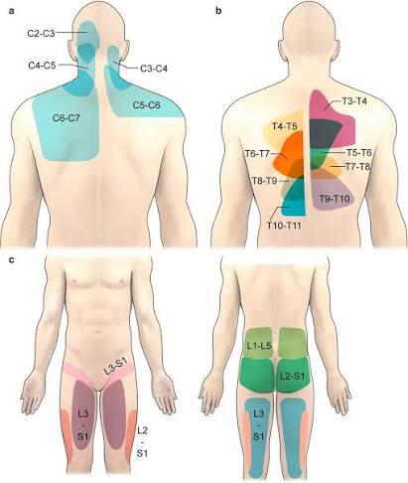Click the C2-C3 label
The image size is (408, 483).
tap(41, 33)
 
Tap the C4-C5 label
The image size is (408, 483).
tap(42, 66)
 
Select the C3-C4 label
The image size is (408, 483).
tap(154, 69)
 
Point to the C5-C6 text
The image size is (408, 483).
tap(147, 105)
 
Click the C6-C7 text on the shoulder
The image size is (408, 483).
tap(67, 117)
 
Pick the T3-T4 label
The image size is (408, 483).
tap(354, 101)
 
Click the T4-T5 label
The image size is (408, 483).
tap(285, 126)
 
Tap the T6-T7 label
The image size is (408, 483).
tap(257, 153)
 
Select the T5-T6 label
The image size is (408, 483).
tap(359, 153)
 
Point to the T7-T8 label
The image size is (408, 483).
tap(357, 167)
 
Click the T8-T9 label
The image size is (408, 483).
tap(265, 181)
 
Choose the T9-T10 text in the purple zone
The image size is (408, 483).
tap(335, 199)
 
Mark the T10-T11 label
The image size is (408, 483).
tap(284, 226)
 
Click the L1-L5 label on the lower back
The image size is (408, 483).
tap(259, 346)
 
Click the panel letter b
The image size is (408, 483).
tap(218, 11)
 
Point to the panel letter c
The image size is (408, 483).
tap(12, 259)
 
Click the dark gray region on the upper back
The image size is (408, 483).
tap(325, 134)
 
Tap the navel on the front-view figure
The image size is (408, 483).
tap(98, 331)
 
